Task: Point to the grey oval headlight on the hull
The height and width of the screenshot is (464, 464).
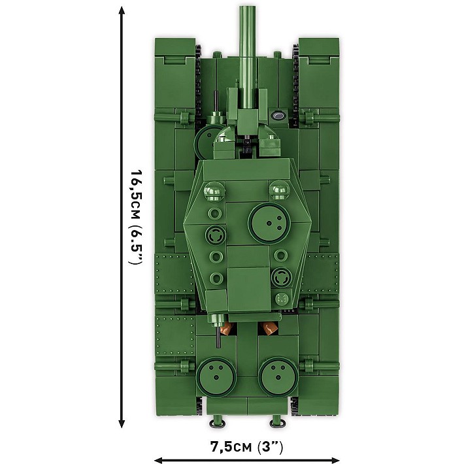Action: tap(278, 116)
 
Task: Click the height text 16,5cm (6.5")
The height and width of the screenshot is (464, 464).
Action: tap(135, 216)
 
